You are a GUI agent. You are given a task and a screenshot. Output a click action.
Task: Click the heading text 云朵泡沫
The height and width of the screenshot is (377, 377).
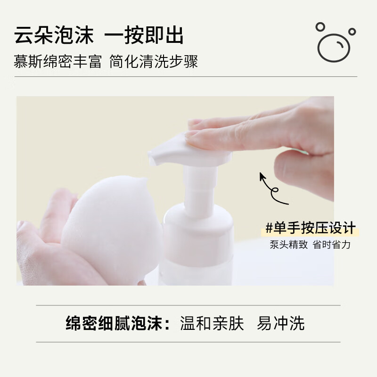[x=54, y=36]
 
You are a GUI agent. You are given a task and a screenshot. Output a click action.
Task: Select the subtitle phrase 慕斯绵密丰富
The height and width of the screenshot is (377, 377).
[x=58, y=61]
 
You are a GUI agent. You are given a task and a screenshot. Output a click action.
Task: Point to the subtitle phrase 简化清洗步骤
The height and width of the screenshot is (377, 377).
[x=154, y=61]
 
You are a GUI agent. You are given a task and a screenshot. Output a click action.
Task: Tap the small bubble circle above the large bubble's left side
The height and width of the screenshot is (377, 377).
[x=320, y=26]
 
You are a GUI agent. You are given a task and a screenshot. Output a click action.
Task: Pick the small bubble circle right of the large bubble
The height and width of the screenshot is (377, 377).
[x=352, y=31]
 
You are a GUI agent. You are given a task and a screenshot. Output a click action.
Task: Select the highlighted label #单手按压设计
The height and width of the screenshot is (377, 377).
[x=310, y=228]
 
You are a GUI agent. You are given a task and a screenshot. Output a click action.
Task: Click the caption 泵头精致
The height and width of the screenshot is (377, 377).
[x=288, y=245]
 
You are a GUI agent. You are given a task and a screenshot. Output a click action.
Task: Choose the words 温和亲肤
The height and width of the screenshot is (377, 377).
[x=212, y=324]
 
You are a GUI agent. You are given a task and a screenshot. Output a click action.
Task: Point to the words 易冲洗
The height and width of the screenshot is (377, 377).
[x=281, y=324]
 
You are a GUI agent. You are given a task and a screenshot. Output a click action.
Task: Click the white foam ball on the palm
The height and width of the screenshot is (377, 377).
[x=113, y=221]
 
